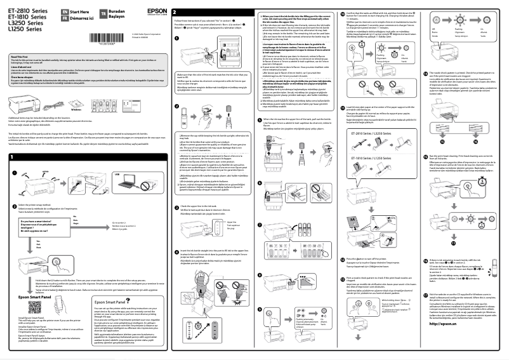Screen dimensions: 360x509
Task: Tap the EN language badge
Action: click(x=57, y=12)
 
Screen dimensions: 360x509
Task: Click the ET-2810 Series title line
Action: click(x=25, y=11)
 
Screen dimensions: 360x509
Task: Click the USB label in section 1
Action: click(x=116, y=173)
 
